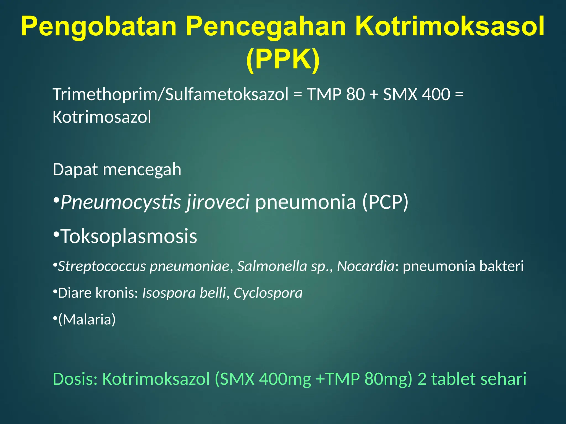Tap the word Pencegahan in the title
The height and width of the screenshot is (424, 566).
[x=266, y=27]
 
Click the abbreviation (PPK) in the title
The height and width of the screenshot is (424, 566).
[x=283, y=59]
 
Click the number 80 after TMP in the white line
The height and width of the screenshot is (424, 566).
[x=355, y=94]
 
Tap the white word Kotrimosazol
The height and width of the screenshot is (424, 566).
[x=102, y=117]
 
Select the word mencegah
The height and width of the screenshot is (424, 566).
[x=142, y=169]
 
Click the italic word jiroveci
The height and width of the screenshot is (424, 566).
[x=218, y=202]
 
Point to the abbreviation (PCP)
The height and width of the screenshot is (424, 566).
[x=385, y=202]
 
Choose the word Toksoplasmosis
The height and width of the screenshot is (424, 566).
[x=129, y=237]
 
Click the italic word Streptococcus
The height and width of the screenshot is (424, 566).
[x=102, y=266]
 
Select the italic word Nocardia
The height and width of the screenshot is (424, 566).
[x=366, y=266]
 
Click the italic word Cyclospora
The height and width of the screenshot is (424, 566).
[x=268, y=293]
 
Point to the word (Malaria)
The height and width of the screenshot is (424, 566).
[x=87, y=320]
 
